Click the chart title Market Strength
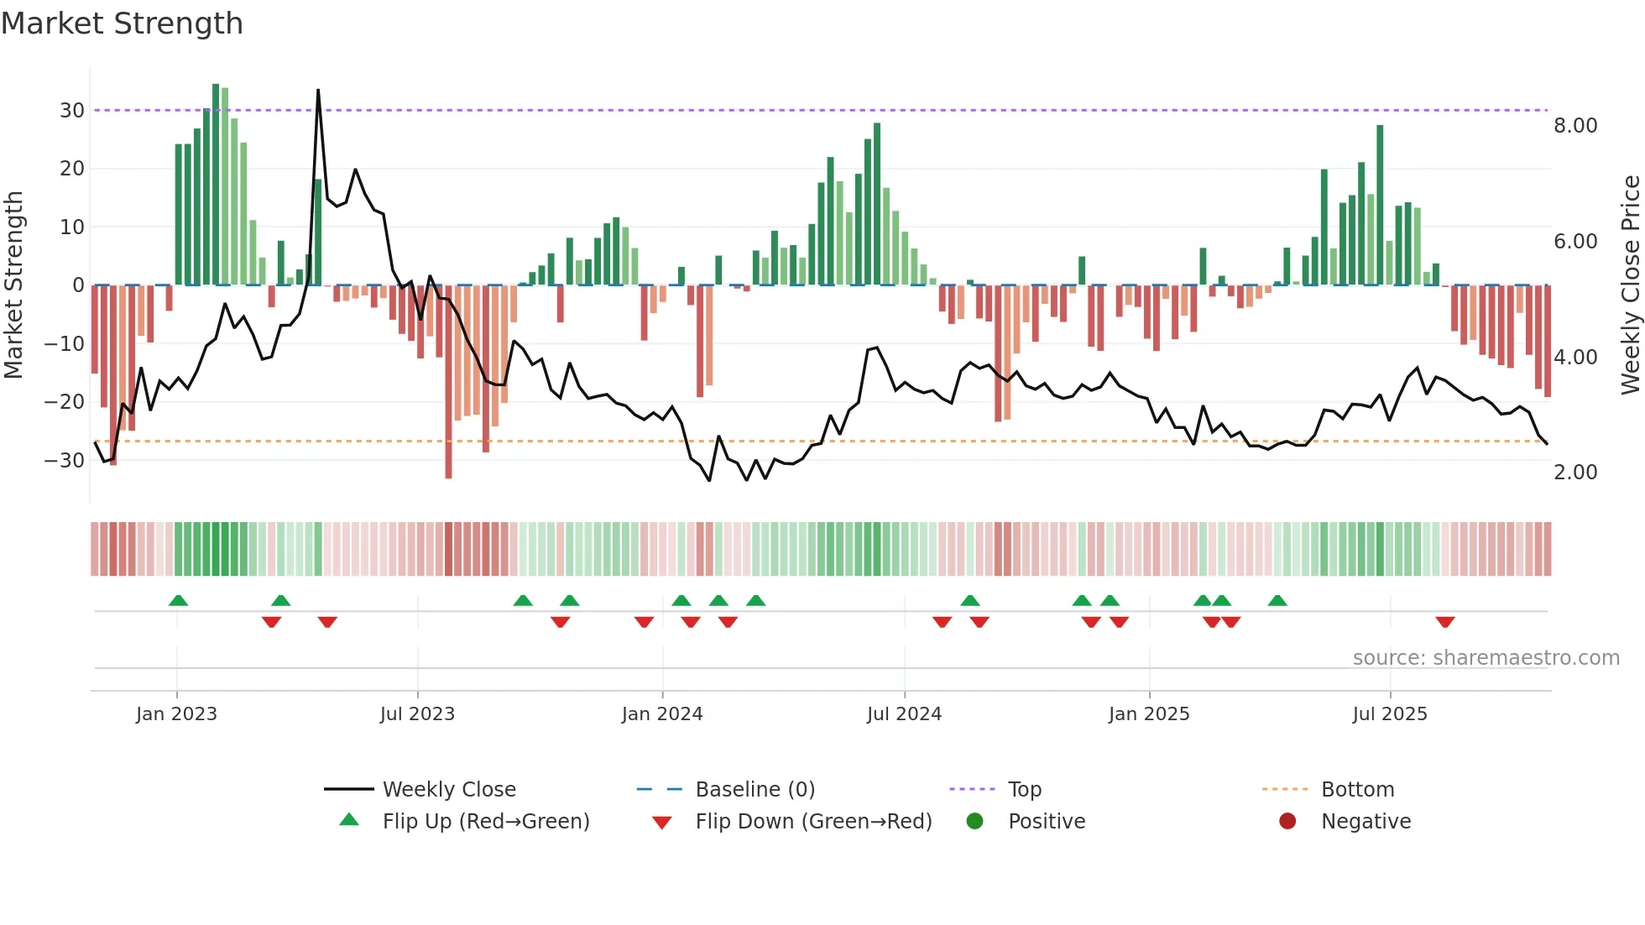click(x=122, y=24)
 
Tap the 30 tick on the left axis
click(x=72, y=111)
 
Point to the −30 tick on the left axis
click(x=65, y=461)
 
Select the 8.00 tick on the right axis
click(x=1575, y=126)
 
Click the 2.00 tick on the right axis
click(x=1575, y=473)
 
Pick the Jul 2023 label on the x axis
click(x=417, y=714)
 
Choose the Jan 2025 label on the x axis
click(x=1149, y=714)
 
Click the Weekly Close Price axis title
click(x=1630, y=285)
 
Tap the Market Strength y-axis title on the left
click(x=13, y=285)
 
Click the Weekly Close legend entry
click(x=449, y=790)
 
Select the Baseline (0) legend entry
click(x=755, y=790)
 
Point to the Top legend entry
click(x=1024, y=790)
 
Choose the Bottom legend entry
click(x=1357, y=790)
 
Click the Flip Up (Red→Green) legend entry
click(x=485, y=822)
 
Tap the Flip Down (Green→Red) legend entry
click(x=813, y=822)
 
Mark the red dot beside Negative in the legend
click(x=1287, y=822)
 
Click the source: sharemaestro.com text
click(x=1486, y=658)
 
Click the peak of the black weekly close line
click(x=318, y=90)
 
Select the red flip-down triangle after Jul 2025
click(x=1444, y=622)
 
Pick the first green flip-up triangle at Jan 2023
click(x=178, y=600)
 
